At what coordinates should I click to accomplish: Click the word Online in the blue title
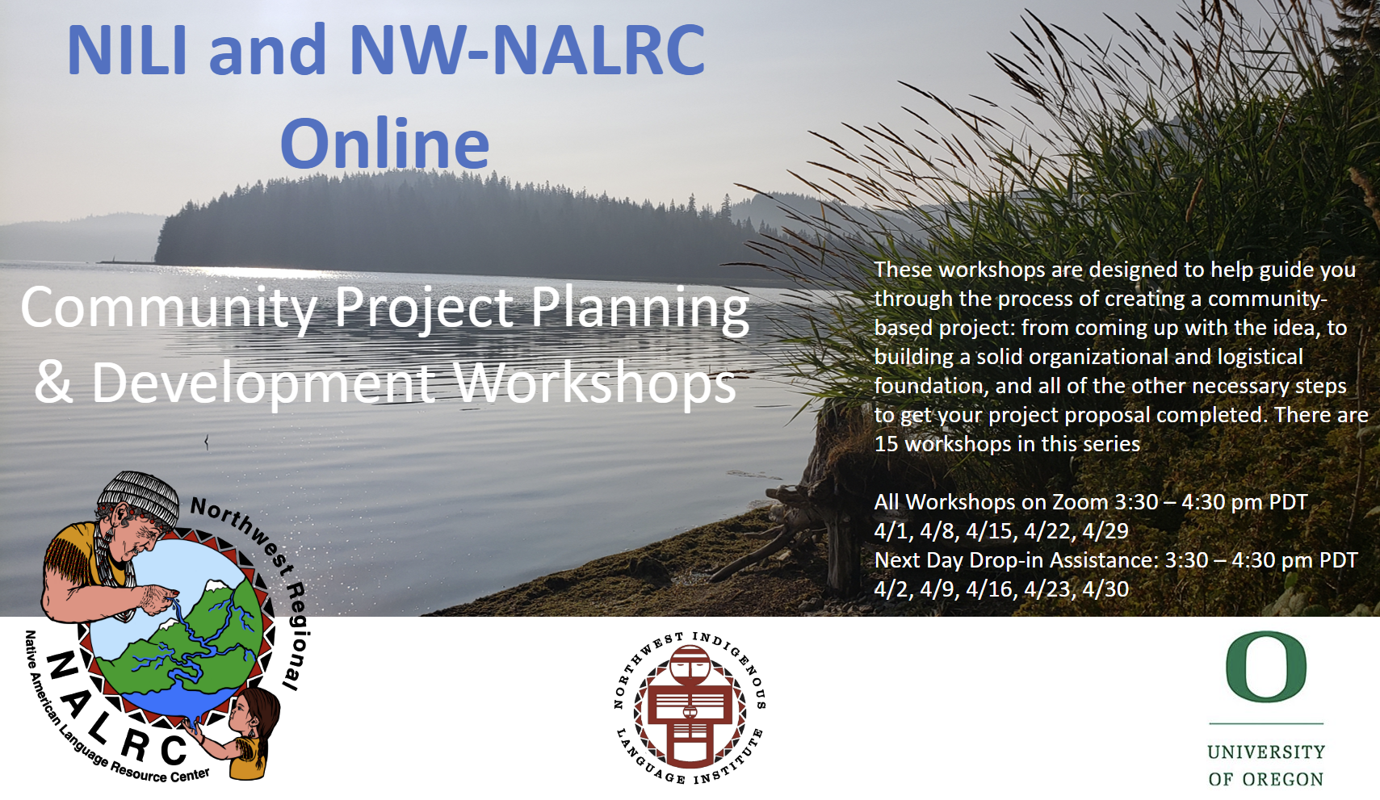tap(384, 145)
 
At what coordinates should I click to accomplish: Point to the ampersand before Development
tap(53, 383)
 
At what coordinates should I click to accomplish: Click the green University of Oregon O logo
tap(1265, 667)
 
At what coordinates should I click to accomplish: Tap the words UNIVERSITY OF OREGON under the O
tap(1265, 765)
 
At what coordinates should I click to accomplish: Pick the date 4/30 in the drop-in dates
tap(1105, 589)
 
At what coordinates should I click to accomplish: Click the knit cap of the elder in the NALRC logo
tap(139, 494)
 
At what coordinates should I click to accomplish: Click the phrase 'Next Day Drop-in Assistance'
tap(1015, 560)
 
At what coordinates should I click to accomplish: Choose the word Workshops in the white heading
tap(595, 383)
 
